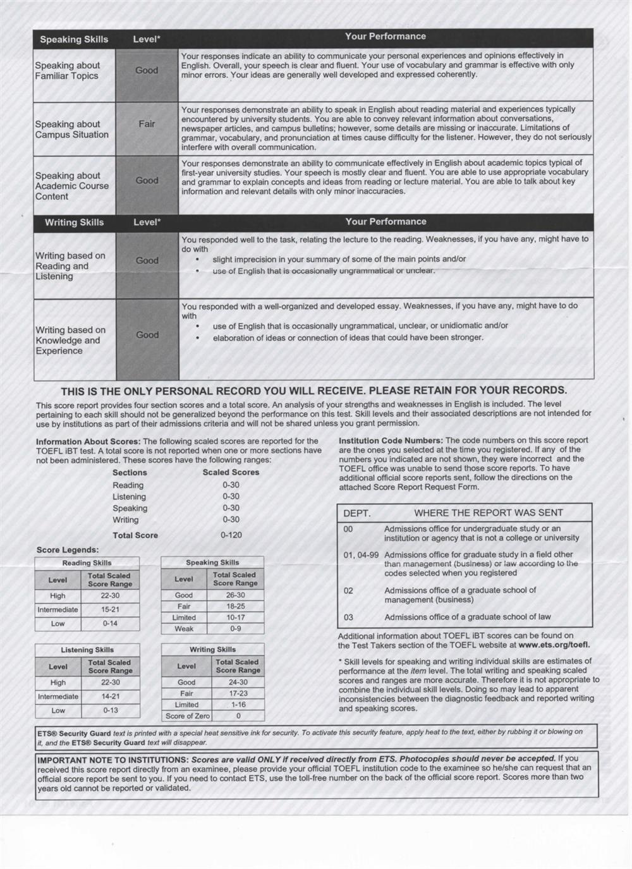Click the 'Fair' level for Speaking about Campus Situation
147,124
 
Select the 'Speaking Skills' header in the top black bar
74,39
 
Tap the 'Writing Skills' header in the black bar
74,222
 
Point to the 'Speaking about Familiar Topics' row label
67,70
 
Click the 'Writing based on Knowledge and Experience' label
70,340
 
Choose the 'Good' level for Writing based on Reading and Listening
147,260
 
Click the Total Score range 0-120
231,535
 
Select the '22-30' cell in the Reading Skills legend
110,595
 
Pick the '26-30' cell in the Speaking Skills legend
235,595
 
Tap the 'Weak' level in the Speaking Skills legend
184,629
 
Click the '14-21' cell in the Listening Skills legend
111,696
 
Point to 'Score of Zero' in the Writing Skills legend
188,716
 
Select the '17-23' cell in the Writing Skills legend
238,693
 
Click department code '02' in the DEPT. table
348,591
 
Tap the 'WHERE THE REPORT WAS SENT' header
489,513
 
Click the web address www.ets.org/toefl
554,645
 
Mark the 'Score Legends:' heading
68,550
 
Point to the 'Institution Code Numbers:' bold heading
391,441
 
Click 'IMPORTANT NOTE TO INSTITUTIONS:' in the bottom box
112,759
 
